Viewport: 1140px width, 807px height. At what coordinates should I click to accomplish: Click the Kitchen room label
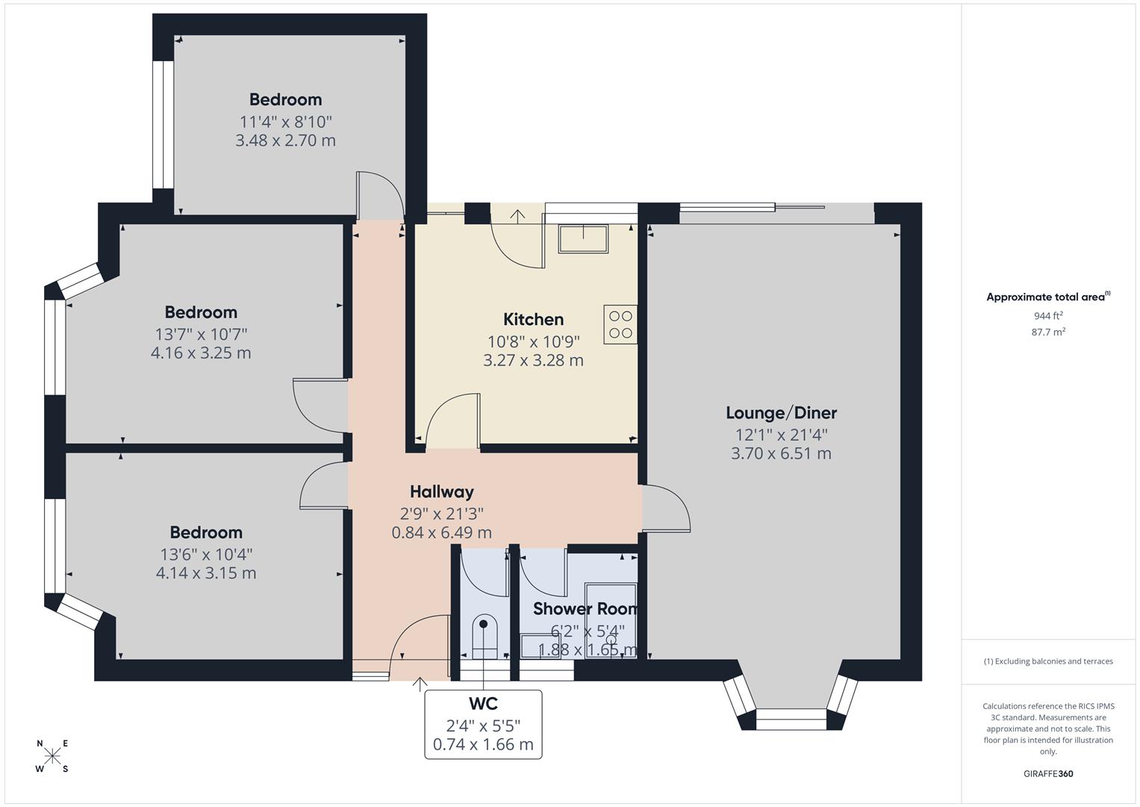coord(533,320)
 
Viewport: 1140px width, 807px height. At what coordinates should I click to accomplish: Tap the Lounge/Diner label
coord(781,413)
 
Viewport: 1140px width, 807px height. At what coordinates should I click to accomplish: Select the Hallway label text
coord(441,492)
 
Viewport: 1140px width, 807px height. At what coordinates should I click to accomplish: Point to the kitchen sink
coord(583,238)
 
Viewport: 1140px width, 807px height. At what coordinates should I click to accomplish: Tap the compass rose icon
coord(52,756)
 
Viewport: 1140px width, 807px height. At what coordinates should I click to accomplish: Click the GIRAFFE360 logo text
coord(1048,773)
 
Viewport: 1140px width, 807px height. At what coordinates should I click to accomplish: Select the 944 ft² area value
coord(1048,316)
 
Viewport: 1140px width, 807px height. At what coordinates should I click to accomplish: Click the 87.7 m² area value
coord(1048,333)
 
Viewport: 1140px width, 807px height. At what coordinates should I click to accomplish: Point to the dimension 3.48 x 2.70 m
coord(285,140)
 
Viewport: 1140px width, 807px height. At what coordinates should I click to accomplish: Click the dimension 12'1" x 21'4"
coord(781,434)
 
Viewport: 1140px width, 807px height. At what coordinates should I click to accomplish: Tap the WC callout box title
coord(483,704)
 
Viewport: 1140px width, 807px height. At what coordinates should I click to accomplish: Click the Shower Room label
coord(585,609)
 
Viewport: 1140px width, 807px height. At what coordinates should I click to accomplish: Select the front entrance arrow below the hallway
coord(420,684)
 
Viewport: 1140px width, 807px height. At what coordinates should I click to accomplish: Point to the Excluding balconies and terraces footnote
coord(1048,661)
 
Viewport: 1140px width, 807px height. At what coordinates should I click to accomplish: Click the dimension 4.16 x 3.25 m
coord(201,353)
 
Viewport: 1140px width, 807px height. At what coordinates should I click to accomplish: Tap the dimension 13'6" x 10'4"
coord(206,554)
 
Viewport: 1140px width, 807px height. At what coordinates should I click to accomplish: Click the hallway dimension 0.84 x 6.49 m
coord(441,533)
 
